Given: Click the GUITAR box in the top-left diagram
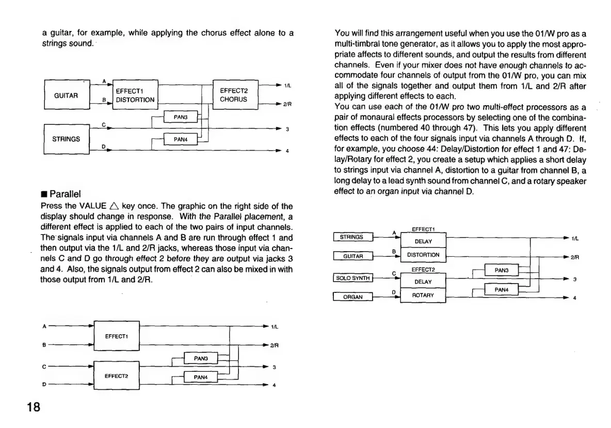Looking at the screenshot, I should tap(67, 95).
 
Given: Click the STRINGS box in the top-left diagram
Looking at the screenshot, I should tap(67, 139).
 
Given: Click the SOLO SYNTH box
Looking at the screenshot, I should tap(353, 278).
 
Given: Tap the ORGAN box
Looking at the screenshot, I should tap(353, 297).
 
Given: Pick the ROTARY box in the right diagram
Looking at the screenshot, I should tap(423, 295).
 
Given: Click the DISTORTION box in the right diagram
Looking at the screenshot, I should tap(423, 255).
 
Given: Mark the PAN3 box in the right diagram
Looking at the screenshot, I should tap(502, 270).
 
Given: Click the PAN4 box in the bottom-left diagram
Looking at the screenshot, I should tap(201, 377).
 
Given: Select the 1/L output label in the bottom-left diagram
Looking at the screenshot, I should tap(275, 326).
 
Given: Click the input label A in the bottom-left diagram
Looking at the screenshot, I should tap(43, 326).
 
